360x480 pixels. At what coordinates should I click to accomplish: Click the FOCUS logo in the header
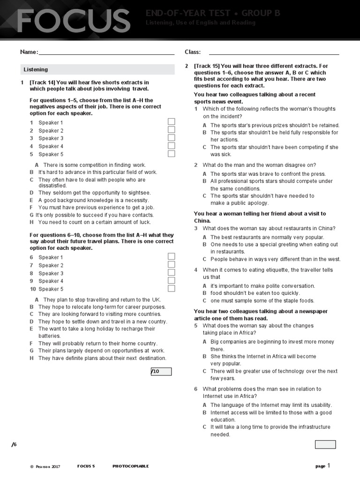[74, 21]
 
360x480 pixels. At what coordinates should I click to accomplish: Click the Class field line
[274, 54]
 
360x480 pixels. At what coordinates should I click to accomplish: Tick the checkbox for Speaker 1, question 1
[172, 122]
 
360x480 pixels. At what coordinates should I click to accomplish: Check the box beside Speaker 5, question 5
[172, 154]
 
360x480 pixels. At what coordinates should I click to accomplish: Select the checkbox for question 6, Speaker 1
[172, 256]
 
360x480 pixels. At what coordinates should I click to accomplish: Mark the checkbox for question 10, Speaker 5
[172, 288]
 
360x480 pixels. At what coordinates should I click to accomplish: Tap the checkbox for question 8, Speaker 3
[172, 272]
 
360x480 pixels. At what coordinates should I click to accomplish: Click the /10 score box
[161, 372]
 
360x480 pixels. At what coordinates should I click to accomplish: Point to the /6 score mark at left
[14, 444]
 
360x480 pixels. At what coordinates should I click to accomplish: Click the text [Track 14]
[42, 82]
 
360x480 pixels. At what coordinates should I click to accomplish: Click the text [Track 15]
[207, 66]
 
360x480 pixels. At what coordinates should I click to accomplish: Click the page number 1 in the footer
[329, 465]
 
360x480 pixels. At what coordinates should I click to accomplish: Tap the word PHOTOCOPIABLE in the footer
[130, 466]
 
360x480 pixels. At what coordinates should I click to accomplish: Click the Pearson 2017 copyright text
[45, 466]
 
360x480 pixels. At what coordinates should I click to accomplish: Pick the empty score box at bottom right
[325, 444]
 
